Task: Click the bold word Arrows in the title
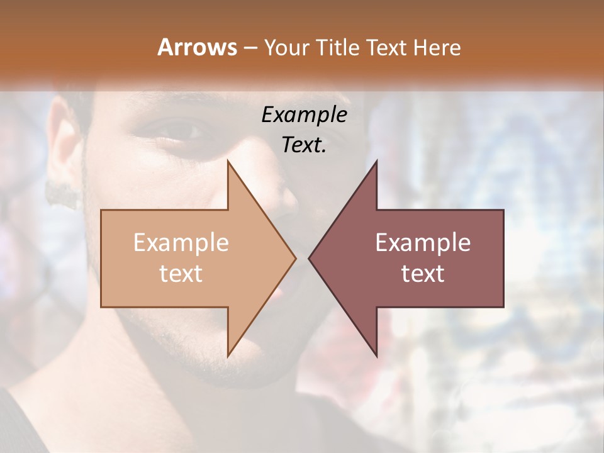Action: pyautogui.click(x=198, y=47)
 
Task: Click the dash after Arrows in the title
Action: pyautogui.click(x=250, y=48)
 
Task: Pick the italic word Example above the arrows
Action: pyautogui.click(x=305, y=115)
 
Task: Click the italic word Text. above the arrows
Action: pyautogui.click(x=305, y=145)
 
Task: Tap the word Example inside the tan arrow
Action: pyautogui.click(x=181, y=243)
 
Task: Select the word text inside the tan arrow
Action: pyautogui.click(x=181, y=274)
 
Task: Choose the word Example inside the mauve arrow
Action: pyautogui.click(x=423, y=243)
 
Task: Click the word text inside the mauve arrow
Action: pyautogui.click(x=423, y=274)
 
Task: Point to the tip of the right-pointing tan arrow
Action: pyautogui.click(x=295, y=258)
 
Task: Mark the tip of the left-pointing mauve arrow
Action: pyautogui.click(x=310, y=258)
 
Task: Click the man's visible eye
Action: pyautogui.click(x=182, y=131)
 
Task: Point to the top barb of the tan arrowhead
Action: pyautogui.click(x=228, y=162)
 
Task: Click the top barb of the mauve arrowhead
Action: pyautogui.click(x=376, y=162)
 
